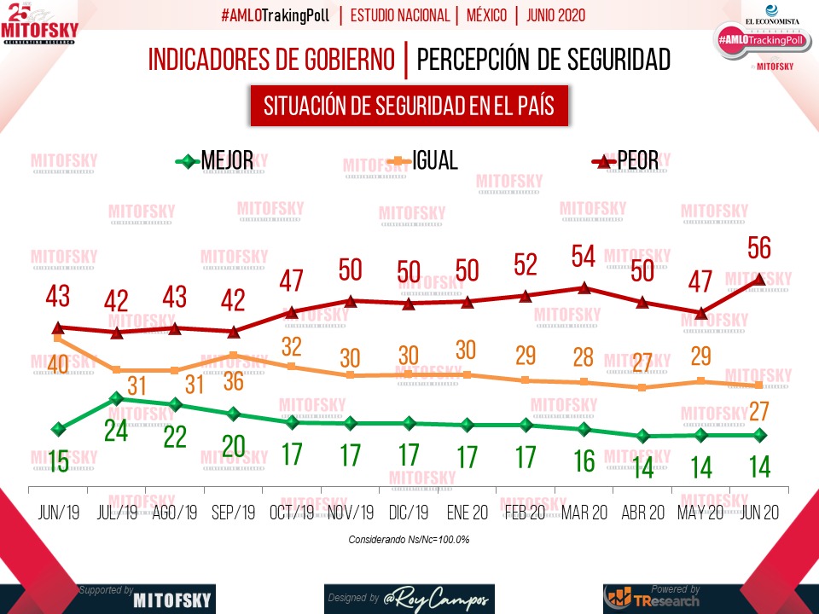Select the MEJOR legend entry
tap(214, 160)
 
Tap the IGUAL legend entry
tap(422, 160)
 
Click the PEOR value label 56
tap(758, 247)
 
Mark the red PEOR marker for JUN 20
tap(759, 279)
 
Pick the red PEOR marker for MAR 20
tap(584, 287)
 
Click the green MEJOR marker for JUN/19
tap(58, 429)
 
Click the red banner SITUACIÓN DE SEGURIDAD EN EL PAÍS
tap(409, 106)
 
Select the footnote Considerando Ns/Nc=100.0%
tap(409, 540)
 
